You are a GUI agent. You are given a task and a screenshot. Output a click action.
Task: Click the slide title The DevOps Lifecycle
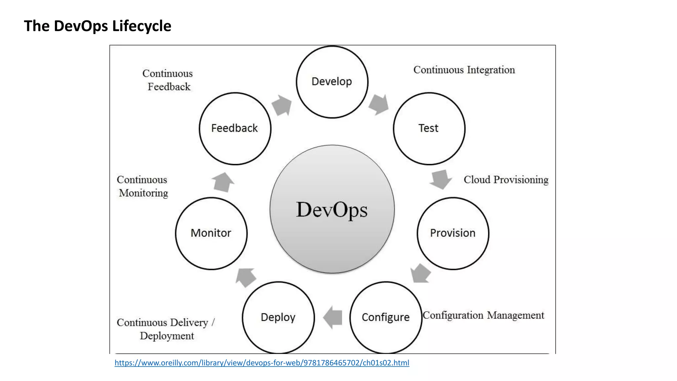98,26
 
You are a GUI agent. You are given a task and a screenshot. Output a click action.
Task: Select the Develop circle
332,82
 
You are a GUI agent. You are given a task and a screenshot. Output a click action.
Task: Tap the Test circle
429,128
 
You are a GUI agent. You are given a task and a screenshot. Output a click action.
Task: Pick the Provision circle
453,233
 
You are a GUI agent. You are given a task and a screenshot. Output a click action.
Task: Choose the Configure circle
385,317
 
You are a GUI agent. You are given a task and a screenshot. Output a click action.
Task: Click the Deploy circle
278,317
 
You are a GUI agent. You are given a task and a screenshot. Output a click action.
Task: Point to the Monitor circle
211,233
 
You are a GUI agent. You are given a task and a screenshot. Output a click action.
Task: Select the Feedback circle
235,128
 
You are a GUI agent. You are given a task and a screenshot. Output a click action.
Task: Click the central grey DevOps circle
332,209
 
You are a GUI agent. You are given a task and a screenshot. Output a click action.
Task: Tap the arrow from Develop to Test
379,104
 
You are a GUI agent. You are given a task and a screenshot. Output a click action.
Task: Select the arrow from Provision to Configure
420,274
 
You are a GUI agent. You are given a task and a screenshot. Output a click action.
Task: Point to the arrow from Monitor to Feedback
222,182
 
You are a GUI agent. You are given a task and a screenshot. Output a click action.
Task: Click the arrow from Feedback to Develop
282,105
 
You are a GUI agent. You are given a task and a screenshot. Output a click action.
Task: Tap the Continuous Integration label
464,70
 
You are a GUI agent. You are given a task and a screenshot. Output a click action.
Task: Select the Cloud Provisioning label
506,180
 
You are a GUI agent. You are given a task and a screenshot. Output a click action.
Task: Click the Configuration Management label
483,315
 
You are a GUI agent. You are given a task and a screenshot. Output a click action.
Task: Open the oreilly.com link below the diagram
262,363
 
